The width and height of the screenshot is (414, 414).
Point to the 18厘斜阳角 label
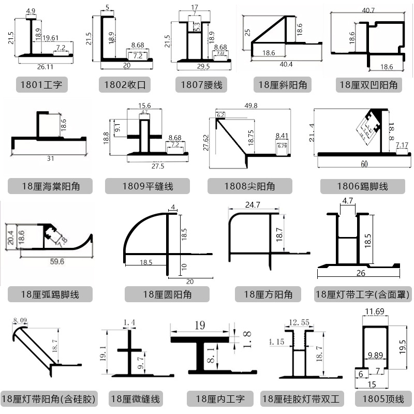point(282,84)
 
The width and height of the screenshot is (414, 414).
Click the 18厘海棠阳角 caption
point(50,186)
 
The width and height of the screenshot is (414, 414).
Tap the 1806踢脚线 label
point(362,186)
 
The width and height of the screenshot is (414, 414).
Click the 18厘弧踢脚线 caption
point(50,294)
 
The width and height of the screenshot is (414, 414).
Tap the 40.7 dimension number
point(368,10)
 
